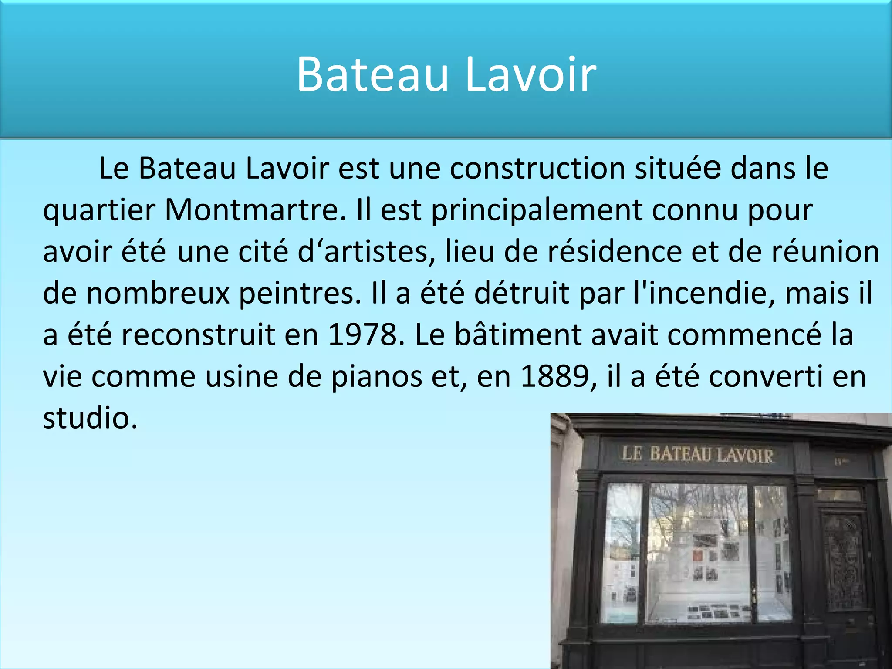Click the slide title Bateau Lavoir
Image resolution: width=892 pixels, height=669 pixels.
[446, 75]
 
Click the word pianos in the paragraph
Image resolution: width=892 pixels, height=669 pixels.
[376, 377]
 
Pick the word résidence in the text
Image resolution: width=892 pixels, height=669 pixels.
[614, 252]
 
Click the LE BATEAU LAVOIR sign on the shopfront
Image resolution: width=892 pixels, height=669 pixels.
[697, 455]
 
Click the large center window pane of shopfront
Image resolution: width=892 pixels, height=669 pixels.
[698, 553]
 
